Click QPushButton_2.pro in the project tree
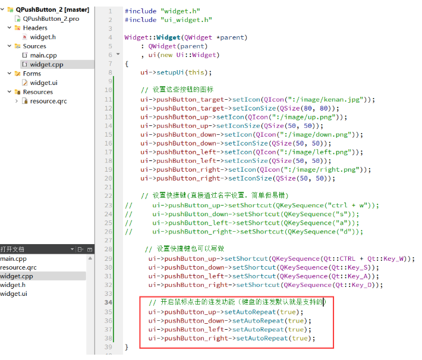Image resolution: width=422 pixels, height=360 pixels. (51, 19)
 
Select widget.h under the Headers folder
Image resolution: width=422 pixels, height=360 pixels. (43, 37)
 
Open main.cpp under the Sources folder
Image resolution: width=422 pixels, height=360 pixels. (43, 55)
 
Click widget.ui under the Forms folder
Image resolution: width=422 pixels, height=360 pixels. (43, 83)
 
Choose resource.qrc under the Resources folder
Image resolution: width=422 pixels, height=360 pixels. (49, 101)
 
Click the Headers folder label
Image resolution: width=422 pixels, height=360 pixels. (35, 28)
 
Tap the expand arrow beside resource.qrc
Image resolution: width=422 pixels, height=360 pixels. (17, 101)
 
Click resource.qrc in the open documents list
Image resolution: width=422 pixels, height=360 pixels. (18, 267)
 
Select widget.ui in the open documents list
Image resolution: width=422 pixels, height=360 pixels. (14, 294)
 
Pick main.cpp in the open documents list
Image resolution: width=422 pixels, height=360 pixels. (13, 259)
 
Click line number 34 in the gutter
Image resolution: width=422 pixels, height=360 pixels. (108, 302)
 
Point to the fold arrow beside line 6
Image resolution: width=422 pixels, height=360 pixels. (118, 54)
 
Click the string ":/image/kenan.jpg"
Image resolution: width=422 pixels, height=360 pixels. (326, 100)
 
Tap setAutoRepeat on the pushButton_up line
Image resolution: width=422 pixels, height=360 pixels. (250, 312)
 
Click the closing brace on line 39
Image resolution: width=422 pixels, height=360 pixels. (127, 347)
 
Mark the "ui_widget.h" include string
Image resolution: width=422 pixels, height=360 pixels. (186, 20)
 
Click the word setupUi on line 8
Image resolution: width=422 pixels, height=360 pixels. (170, 72)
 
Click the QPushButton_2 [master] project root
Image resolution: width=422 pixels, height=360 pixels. (52, 10)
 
